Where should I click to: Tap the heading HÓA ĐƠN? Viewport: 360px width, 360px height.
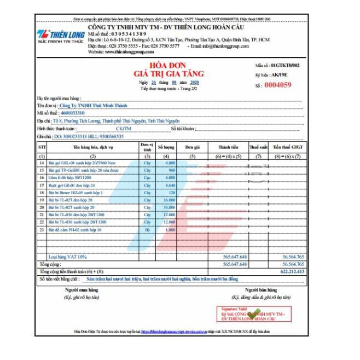(164, 65)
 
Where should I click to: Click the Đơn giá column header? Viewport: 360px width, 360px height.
(191, 148)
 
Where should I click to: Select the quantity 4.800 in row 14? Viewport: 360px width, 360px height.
(169, 164)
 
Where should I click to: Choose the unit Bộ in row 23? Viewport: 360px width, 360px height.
(146, 230)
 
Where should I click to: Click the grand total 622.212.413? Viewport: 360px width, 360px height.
(292, 270)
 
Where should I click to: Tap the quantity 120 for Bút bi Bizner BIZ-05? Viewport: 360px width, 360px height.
(170, 193)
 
